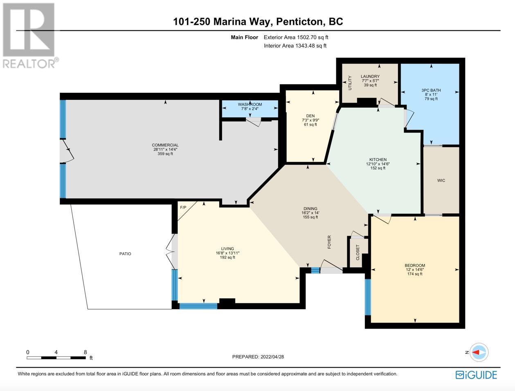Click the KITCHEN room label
click(378, 160)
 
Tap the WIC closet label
click(441, 180)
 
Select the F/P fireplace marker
click(183, 208)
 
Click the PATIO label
click(125, 254)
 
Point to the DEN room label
click(310, 116)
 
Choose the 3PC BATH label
click(431, 90)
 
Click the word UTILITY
click(350, 83)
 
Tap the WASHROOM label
click(250, 104)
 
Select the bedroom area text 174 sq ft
click(415, 274)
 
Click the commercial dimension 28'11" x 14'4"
click(165, 149)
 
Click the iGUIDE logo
click(476, 375)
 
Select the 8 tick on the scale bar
click(85, 352)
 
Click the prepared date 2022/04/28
click(272, 357)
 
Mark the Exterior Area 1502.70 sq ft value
click(312, 37)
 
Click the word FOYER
click(329, 242)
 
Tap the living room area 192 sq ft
click(227, 258)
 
